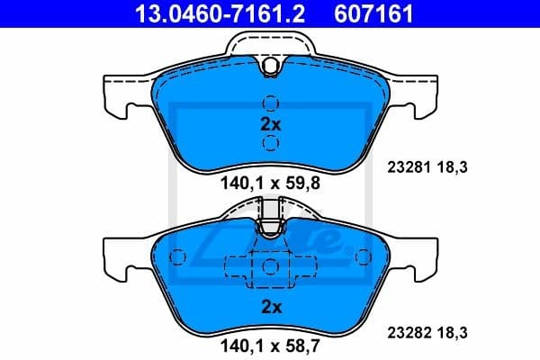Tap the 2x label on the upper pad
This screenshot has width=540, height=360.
click(x=271, y=124)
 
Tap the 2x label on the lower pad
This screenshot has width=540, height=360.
click(x=271, y=306)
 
